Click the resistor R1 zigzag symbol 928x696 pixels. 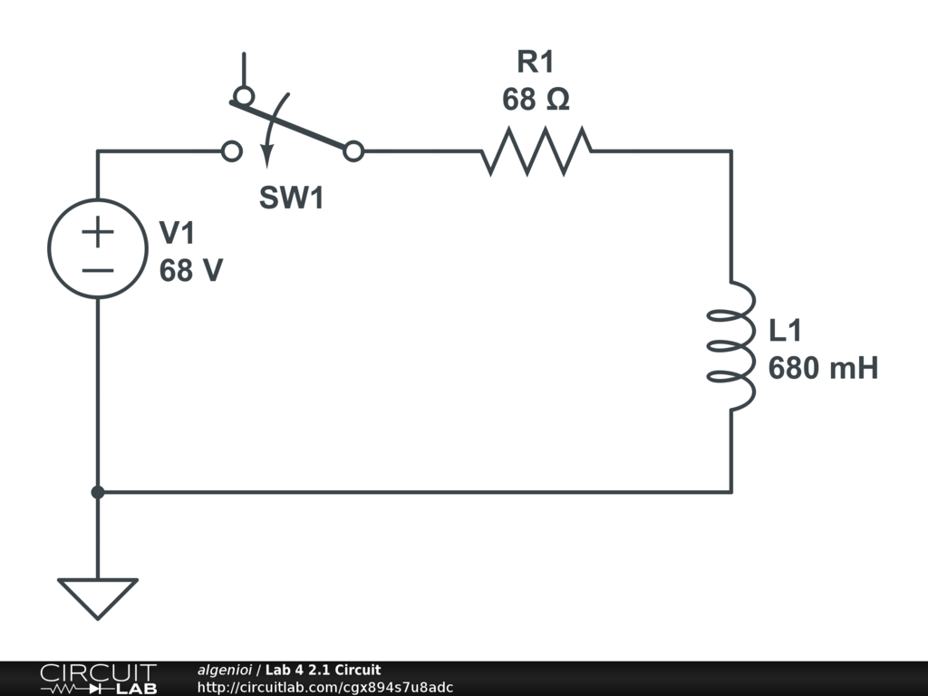[536, 151]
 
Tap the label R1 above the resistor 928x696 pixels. [535, 63]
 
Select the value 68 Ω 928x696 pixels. [536, 100]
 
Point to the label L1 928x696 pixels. [785, 331]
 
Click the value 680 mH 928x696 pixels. [823, 369]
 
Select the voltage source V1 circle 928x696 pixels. [98, 248]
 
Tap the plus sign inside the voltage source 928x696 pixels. [98, 232]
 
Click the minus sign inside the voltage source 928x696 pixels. [98, 269]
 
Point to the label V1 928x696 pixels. [178, 234]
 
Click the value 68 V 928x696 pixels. [190, 270]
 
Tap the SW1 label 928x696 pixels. [291, 198]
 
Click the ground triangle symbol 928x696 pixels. [98, 595]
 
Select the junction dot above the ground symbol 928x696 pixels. [98, 492]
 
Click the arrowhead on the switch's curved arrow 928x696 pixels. [266, 160]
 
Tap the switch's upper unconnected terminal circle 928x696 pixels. [242, 95]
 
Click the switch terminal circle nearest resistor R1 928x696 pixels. [354, 151]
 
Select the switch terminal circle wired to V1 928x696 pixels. [232, 151]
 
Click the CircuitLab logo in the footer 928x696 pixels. [98, 679]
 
